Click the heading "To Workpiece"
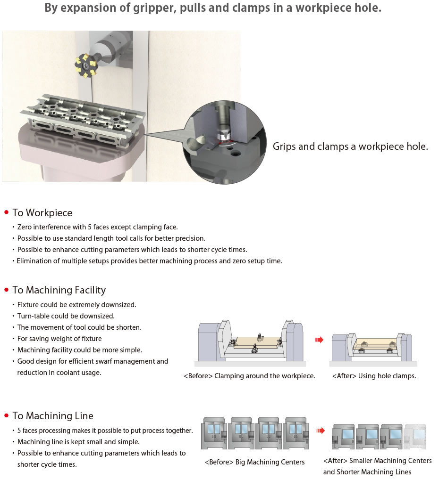point(42,212)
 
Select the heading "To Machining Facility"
point(59,290)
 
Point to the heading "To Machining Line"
point(53,415)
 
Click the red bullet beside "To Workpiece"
point(7,213)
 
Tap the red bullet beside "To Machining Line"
point(7,416)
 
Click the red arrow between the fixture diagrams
point(320,340)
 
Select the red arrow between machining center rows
point(321,430)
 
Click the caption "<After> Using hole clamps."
point(374,376)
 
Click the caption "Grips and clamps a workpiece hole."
point(350,146)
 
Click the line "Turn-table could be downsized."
point(66,316)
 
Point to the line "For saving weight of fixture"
point(59,339)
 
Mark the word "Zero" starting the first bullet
point(25,227)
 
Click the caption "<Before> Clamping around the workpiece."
point(249,376)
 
